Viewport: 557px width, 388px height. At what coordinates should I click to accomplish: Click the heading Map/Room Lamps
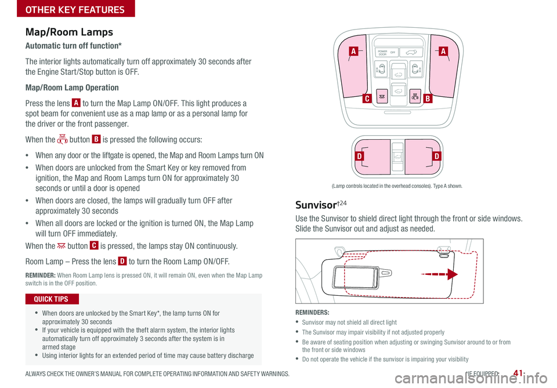pos(69,32)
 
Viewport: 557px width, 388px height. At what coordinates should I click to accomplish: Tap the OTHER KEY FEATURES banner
pos(67,9)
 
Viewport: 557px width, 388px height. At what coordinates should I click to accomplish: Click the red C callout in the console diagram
pos(367,99)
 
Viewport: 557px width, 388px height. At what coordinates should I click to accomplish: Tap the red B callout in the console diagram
pos(427,99)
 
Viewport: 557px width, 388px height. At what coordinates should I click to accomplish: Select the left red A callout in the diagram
pos(352,52)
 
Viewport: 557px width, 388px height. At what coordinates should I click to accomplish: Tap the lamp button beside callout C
pos(382,96)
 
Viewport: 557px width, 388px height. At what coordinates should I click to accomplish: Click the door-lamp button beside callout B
pos(414,96)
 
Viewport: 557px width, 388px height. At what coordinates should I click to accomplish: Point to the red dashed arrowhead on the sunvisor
pos(451,274)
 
